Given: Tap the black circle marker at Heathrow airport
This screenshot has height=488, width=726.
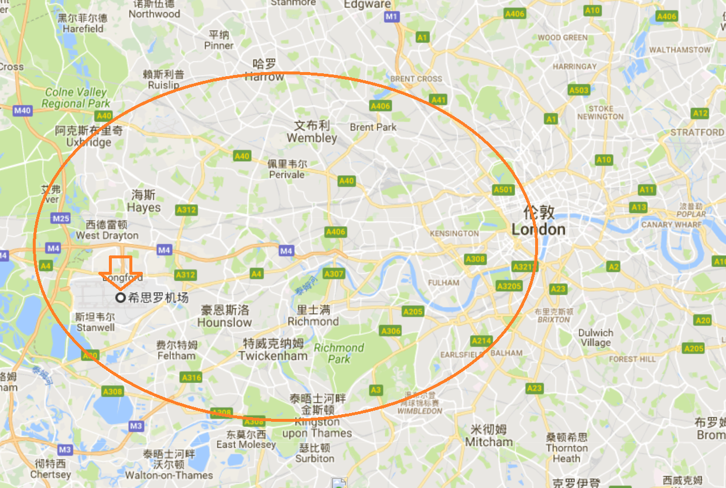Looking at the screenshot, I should pos(121,298).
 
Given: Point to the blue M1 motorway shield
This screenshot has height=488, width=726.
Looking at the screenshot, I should pos(392,16).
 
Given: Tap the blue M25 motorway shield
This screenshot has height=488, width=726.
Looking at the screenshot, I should pos(61,219).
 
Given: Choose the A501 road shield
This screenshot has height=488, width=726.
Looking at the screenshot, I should pos(503,190).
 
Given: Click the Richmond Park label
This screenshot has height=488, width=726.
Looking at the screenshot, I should pos(338,353).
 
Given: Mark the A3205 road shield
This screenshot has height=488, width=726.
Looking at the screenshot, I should pos(508,286).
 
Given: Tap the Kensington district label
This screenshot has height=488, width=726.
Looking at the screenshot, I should pos(454,233).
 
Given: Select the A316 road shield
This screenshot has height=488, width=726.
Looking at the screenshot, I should pos(191,377).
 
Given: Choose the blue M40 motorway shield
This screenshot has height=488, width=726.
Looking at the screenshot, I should pos(23,110).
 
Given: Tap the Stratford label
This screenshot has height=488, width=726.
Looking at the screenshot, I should pos(697,132).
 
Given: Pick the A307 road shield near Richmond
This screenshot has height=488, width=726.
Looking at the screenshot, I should pos(334,274).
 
